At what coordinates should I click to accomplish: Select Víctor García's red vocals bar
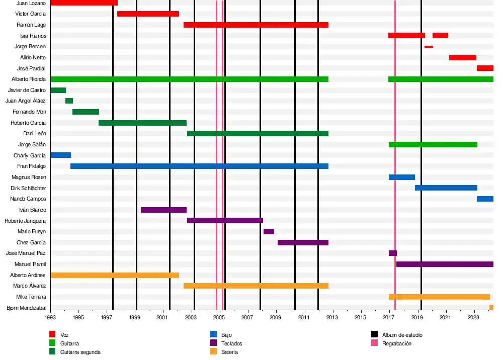[148, 14]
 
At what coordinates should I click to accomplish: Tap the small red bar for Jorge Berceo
[429, 47]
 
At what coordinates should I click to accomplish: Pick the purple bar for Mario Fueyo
[269, 231]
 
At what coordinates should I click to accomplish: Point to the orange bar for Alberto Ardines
[115, 275]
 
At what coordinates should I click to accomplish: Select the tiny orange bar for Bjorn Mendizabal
[491, 307]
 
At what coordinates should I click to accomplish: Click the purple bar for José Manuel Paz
[393, 253]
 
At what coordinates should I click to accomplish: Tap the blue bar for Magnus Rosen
[401, 177]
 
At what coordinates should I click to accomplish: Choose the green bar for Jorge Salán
[433, 144]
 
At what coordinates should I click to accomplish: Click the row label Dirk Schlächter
[28, 188]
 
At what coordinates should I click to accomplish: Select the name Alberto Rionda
[29, 79]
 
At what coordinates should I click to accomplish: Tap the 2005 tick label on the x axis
[219, 318]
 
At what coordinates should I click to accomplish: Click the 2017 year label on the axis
[388, 318]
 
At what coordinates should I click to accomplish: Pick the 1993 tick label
[50, 318]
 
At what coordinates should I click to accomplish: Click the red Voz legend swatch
[52, 334]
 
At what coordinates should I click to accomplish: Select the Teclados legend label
[231, 343]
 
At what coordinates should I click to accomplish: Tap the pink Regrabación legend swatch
[374, 343]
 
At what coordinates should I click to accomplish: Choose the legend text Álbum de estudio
[402, 334]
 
